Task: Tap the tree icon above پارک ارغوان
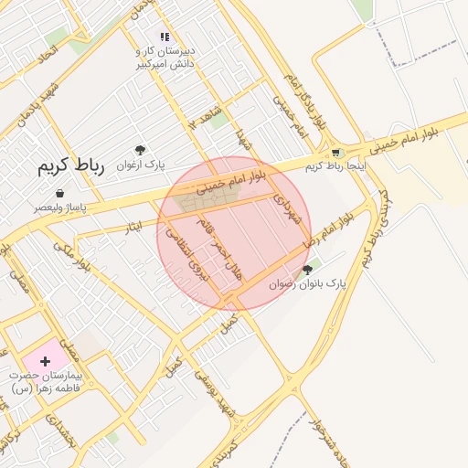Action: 139,150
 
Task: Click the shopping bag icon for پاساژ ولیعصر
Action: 60,194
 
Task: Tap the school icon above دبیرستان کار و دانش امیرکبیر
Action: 165,37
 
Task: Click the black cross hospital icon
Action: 45,362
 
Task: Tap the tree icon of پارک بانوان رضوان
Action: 307,270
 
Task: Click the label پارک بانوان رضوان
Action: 309,285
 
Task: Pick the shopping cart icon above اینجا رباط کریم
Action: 335,153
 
